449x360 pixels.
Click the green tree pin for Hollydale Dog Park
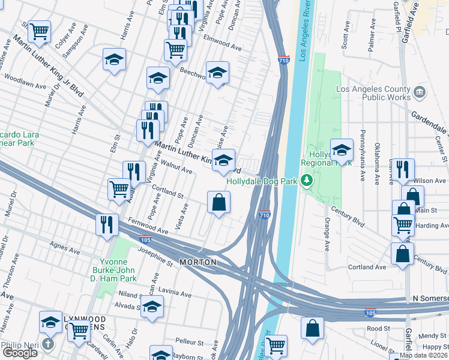pos(307,180)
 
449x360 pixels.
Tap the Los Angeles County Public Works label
pos(373,93)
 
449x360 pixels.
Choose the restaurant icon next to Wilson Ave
pos(402,170)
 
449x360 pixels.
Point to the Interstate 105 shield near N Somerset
pos(370,313)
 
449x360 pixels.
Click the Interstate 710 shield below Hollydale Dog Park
pos(264,215)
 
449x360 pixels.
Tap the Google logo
pos(19,353)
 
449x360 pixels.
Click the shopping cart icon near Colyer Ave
pos(39,31)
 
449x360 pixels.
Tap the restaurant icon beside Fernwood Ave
pos(107,226)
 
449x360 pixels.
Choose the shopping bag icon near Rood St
pos(312,328)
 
